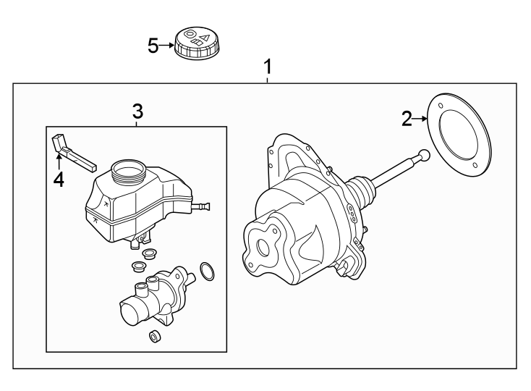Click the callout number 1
(x=268, y=67)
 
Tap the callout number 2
(x=407, y=119)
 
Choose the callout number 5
(x=153, y=46)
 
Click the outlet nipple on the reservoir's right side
(x=203, y=208)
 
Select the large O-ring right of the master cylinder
(x=206, y=272)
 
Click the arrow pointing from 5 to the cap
(x=166, y=46)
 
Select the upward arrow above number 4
(x=59, y=159)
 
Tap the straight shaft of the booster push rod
(x=394, y=171)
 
